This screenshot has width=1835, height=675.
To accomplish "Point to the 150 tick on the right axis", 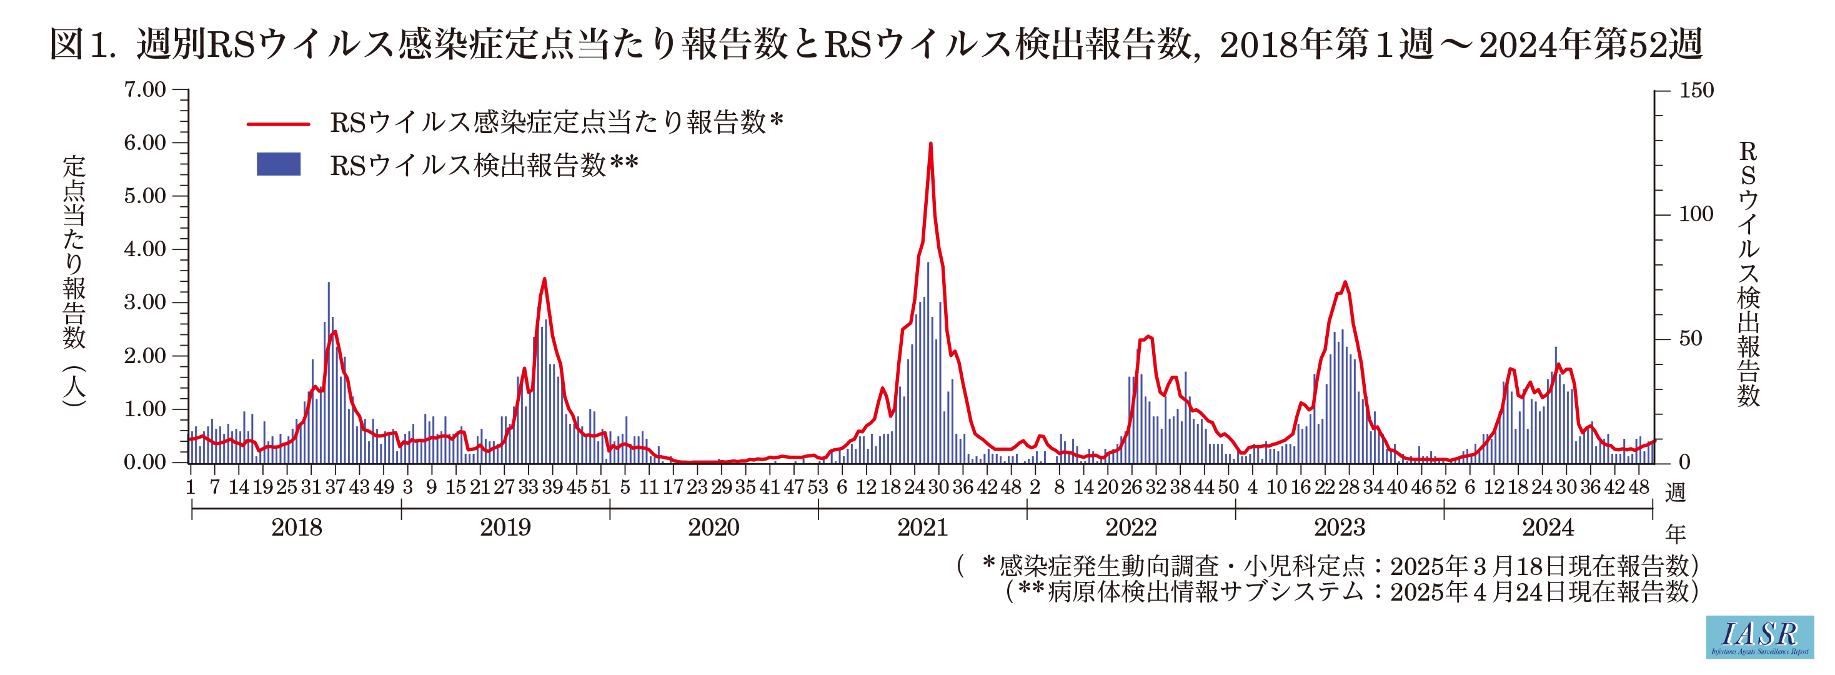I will click(1696, 91).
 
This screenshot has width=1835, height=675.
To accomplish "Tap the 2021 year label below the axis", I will click(922, 528).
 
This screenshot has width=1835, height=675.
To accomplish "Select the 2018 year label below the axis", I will click(296, 528).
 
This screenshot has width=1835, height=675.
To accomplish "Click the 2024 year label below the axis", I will click(1547, 528).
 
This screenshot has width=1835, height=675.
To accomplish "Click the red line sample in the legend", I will click(279, 124).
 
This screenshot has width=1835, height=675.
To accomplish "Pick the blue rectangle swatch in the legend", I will click(279, 164).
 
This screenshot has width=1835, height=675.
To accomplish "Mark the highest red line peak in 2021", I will click(930, 144).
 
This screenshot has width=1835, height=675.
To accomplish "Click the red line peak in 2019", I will click(544, 279).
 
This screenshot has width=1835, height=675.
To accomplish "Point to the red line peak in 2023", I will click(1345, 282).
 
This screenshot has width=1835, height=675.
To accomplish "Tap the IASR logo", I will click(1759, 636).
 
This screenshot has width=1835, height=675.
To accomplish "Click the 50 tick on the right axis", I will click(1689, 339).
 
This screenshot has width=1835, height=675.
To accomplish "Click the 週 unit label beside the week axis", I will click(1676, 492).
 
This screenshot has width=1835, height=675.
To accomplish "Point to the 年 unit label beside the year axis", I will click(1676, 534).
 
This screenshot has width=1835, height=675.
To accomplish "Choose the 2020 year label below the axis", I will click(713, 528).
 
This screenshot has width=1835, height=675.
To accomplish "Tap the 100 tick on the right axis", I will click(1696, 214).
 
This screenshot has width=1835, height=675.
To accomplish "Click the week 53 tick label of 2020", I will click(818, 487).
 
